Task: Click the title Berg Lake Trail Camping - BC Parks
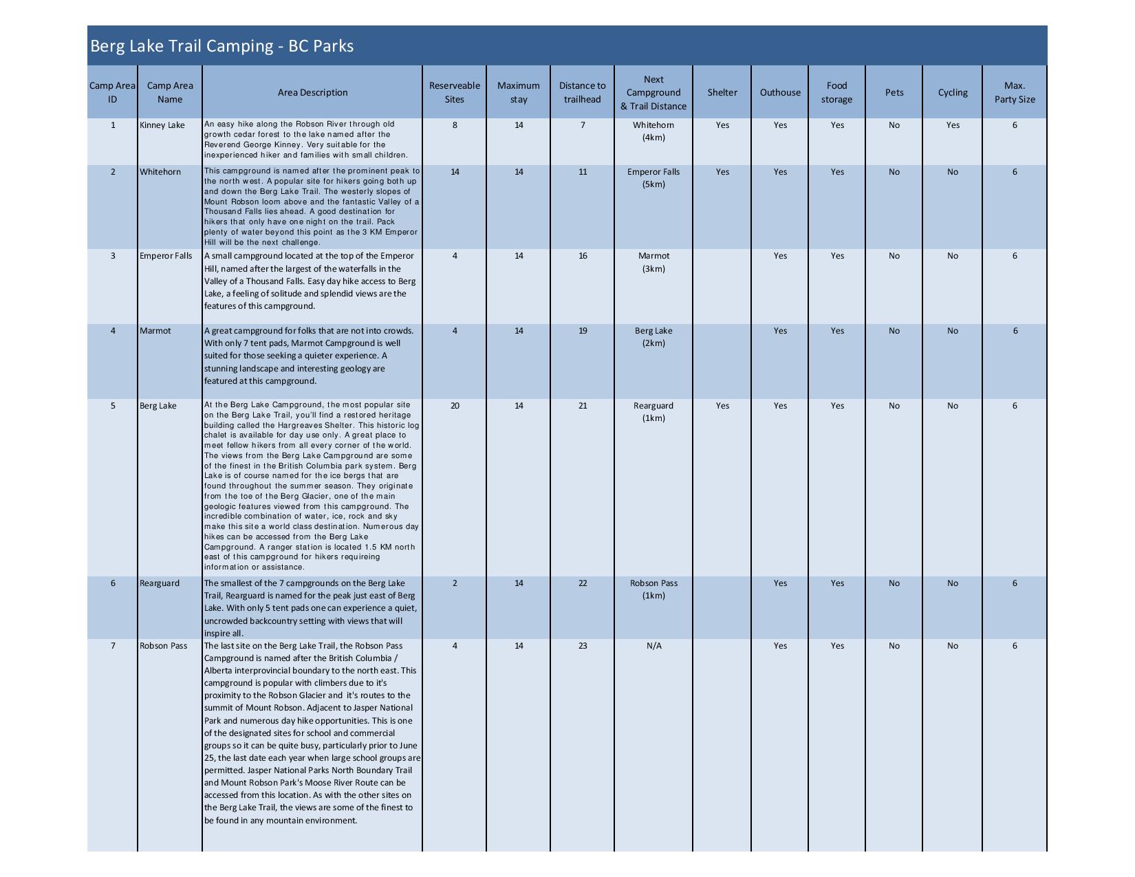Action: [x=222, y=46]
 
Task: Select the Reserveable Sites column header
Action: [x=454, y=92]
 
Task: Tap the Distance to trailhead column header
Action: [x=582, y=92]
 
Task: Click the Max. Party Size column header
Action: [x=1014, y=92]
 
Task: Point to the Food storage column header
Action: [x=836, y=92]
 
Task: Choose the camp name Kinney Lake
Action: [x=162, y=125]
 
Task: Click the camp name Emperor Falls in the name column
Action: [x=166, y=256]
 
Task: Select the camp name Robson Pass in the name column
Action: [x=163, y=646]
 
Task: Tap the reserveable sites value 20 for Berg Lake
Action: [x=454, y=406]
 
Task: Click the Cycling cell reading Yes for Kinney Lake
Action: [x=952, y=125]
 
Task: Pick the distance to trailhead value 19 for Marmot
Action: [x=583, y=331]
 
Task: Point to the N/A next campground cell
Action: [x=653, y=646]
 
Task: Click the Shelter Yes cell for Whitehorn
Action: [x=722, y=172]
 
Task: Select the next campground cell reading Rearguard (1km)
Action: [x=653, y=411]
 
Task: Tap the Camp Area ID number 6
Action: [x=113, y=583]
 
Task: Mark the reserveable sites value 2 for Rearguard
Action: [x=454, y=583]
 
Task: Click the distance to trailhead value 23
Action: [x=583, y=646]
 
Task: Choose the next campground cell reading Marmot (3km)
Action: [x=653, y=262]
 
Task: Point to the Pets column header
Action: [x=894, y=92]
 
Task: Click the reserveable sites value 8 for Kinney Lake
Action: [x=454, y=125]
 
